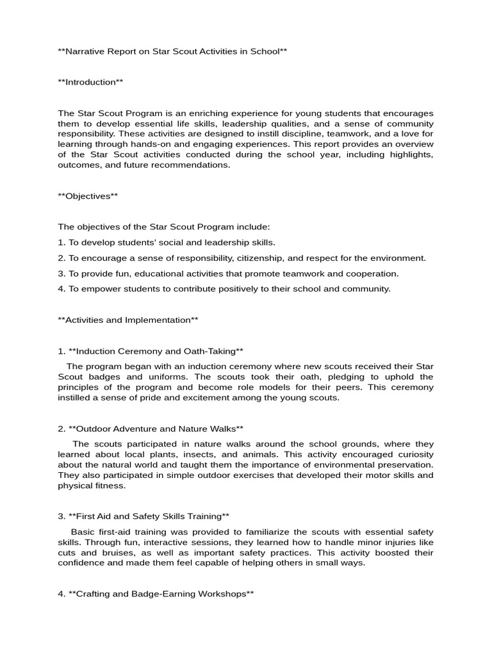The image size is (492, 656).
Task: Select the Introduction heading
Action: point(90,82)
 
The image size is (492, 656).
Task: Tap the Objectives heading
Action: point(88,196)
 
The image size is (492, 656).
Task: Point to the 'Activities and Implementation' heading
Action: point(128,320)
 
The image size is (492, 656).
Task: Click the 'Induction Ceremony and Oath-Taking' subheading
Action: point(151,351)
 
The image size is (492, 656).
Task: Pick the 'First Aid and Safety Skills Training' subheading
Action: point(143,516)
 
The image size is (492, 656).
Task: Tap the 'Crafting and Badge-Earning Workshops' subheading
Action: point(156,594)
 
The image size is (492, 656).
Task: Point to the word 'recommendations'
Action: point(193,165)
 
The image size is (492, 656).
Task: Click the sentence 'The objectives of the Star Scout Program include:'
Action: point(164,227)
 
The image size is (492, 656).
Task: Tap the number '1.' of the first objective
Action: point(61,243)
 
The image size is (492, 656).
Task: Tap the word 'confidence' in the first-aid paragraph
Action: point(80,562)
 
